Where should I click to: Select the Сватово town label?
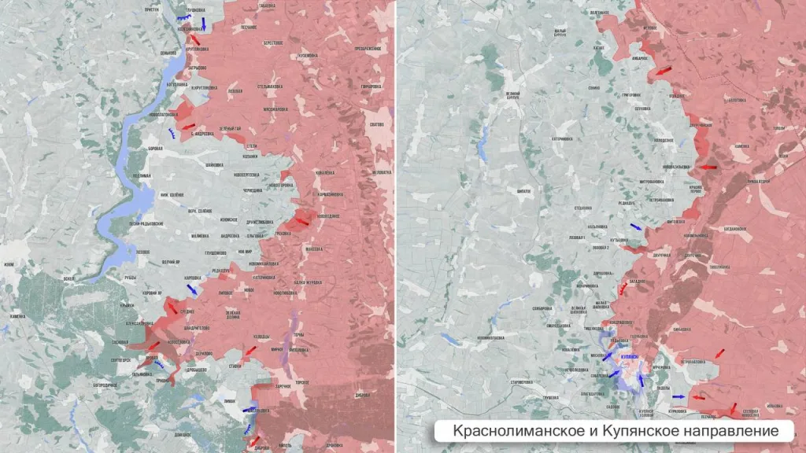[x=376, y=123]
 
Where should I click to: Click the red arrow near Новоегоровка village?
[x=299, y=221]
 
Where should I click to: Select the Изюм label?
[x=9, y=265]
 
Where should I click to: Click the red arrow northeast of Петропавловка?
[x=719, y=353]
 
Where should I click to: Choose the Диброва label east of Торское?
[x=363, y=396]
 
